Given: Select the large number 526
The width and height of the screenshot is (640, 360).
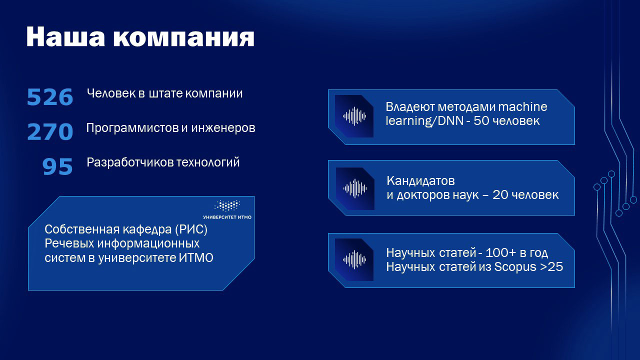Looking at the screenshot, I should click(x=50, y=97).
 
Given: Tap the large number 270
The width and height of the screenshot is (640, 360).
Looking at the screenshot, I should click(x=50, y=132).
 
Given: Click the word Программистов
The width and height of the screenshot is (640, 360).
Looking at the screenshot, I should click(x=131, y=128).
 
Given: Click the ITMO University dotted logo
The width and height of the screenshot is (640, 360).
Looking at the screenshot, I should click(x=227, y=205).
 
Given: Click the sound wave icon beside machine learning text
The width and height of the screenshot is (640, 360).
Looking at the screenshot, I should click(x=354, y=116).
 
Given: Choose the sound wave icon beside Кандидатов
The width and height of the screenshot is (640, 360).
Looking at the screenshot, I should click(x=355, y=188).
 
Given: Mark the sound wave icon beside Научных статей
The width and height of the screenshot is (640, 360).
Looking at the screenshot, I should click(x=354, y=260).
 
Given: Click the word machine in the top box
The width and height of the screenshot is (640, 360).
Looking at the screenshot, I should click(x=522, y=107).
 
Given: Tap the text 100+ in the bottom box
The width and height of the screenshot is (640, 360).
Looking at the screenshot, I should click(x=509, y=253).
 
